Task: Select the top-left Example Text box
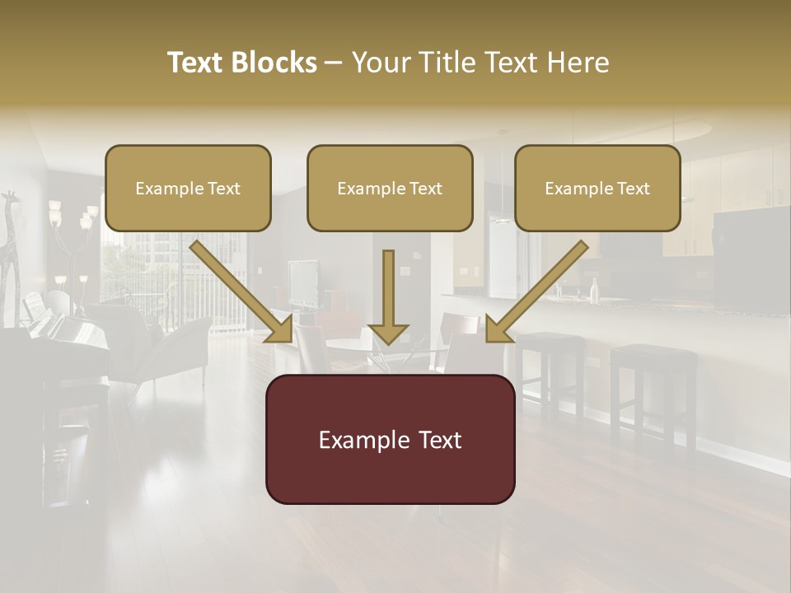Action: pyautogui.click(x=188, y=189)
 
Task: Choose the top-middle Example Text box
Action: pyautogui.click(x=390, y=189)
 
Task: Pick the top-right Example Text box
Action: pyautogui.click(x=597, y=189)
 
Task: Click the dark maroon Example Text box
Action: pyautogui.click(x=390, y=440)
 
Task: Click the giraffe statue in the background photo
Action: pyautogui.click(x=10, y=247)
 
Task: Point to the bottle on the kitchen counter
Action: pyautogui.click(x=593, y=288)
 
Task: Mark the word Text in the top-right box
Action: pyautogui.click(x=634, y=189)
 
